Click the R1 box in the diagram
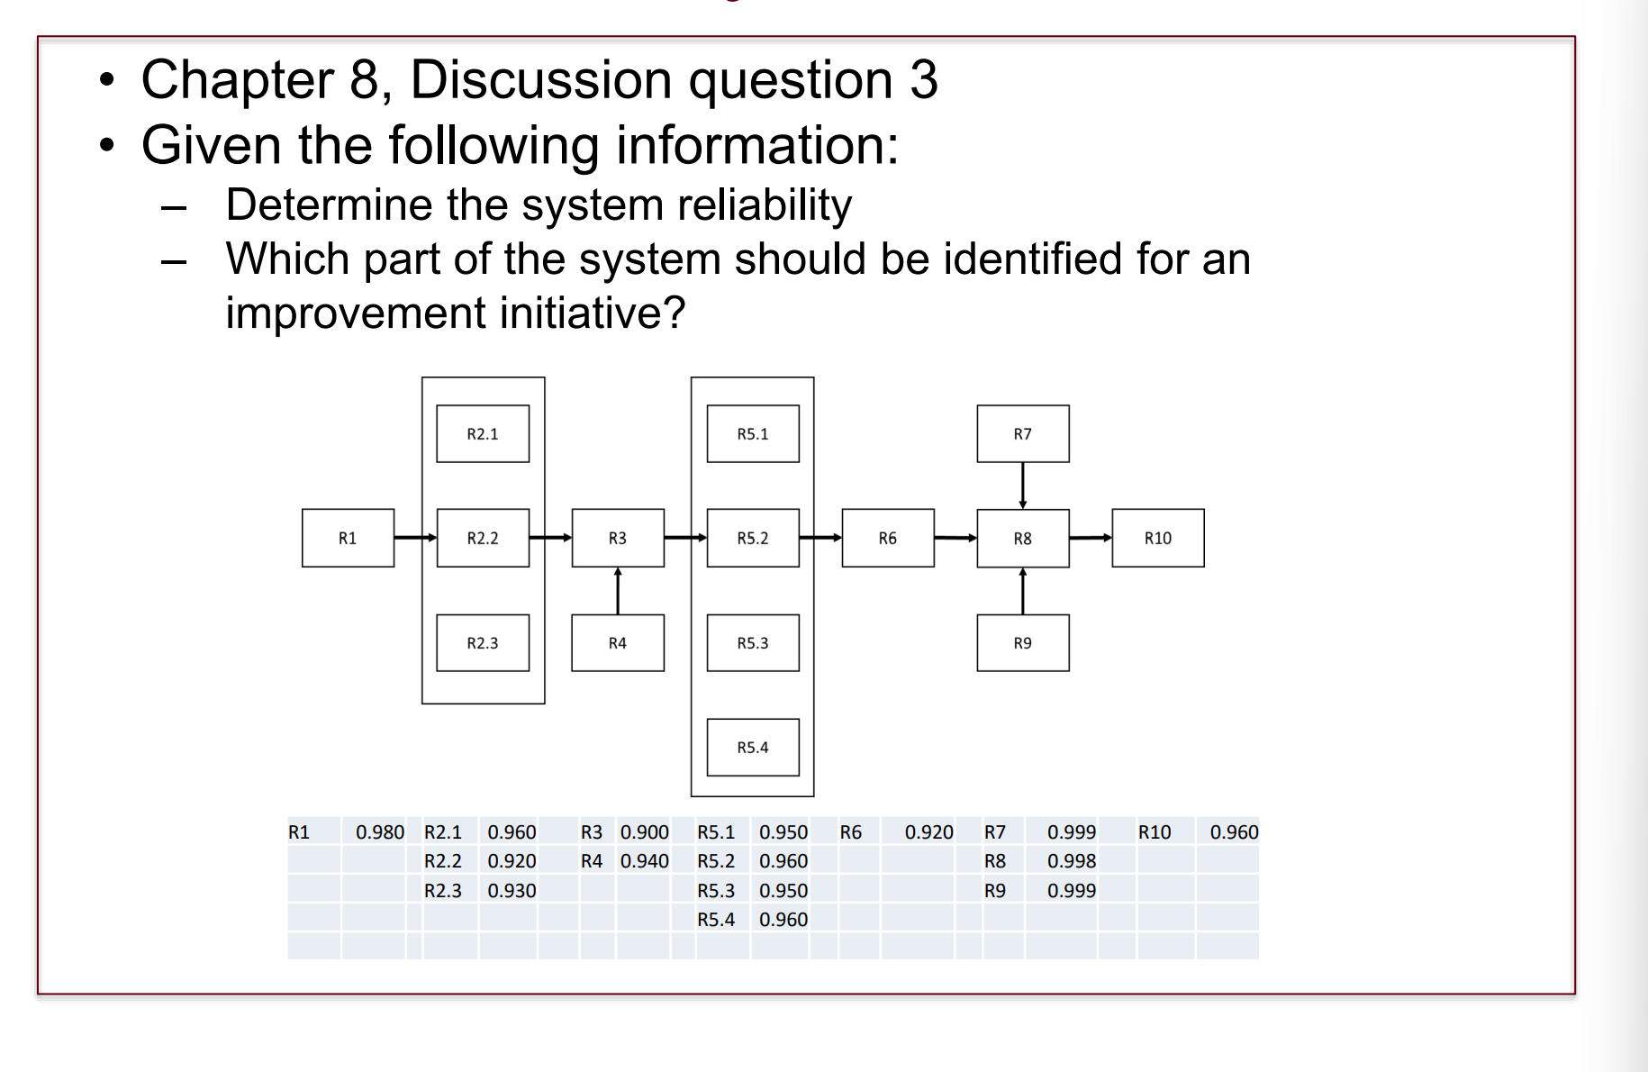(x=348, y=538)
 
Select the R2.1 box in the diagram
(x=483, y=433)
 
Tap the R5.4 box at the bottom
(x=753, y=747)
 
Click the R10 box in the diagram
(x=1157, y=538)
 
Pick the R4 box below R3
(x=618, y=642)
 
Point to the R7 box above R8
(x=1023, y=433)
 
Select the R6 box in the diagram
(x=888, y=538)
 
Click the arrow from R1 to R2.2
(x=415, y=538)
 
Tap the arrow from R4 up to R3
(x=618, y=591)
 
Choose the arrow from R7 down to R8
(x=1023, y=486)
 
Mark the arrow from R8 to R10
(x=1091, y=538)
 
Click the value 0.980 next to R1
(x=379, y=832)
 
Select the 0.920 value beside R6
(x=928, y=832)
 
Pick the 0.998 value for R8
(x=1071, y=861)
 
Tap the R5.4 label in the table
(x=716, y=920)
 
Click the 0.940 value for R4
(x=644, y=861)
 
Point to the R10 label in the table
(x=1155, y=832)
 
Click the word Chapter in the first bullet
(x=238, y=79)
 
